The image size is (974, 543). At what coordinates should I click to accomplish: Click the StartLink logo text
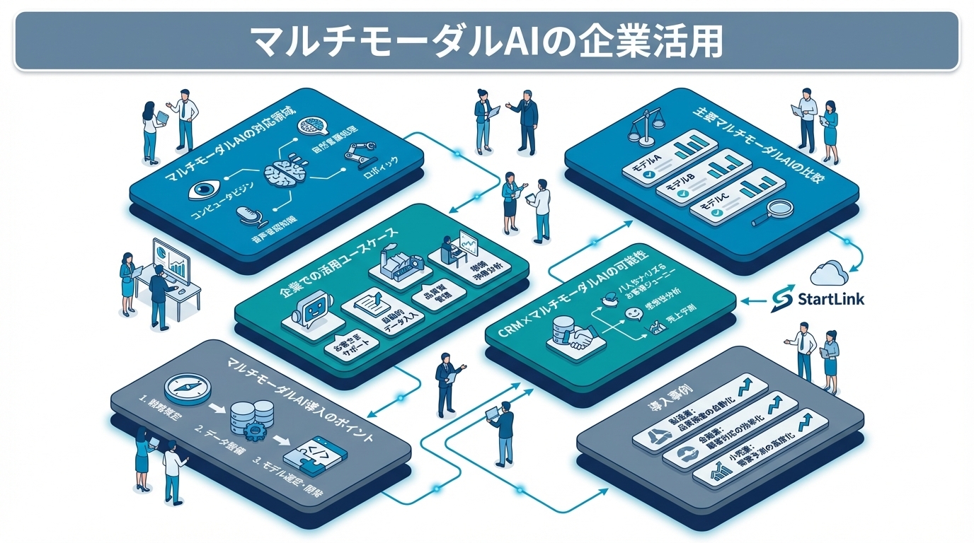point(830,299)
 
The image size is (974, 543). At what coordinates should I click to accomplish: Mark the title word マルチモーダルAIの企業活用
point(487,41)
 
